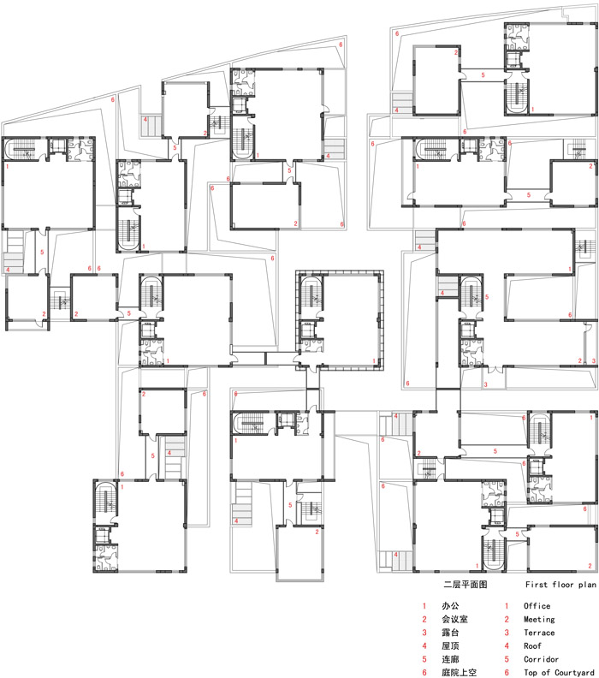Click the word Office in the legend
pos(537,606)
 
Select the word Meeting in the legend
pos(539,619)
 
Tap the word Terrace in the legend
pos(539,633)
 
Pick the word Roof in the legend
pos(532,646)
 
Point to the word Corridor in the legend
pos(541,659)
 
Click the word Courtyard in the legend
pos(574,672)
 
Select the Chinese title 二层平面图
pos(466,585)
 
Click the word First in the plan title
pos(536,585)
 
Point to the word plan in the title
pos(587,585)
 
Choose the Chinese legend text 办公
pos(450,606)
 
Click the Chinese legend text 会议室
pos(454,619)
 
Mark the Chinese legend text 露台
pos(450,633)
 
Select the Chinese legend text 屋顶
pos(450,646)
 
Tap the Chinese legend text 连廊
pos(450,659)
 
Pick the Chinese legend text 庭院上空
pos(459,672)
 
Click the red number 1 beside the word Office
pos(507,606)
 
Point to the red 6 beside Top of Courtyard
pos(507,672)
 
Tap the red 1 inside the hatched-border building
pos(374,361)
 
